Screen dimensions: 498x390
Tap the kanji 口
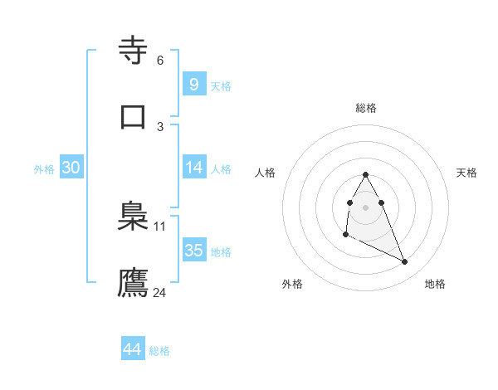[134, 115]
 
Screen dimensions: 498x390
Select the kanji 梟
[134, 218]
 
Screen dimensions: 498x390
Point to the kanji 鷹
[134, 282]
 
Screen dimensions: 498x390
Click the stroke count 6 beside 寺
[160, 61]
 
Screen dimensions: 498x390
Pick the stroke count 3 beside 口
[160, 126]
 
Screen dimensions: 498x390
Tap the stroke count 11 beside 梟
[160, 227]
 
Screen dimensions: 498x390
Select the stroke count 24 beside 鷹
[160, 292]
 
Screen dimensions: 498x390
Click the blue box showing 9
[193, 84]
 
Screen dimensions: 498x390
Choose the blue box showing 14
[193, 168]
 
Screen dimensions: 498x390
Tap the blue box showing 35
[193, 251]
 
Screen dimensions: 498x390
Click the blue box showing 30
[71, 168]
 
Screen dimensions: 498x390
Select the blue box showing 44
[132, 349]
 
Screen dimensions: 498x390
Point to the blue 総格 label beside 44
[159, 351]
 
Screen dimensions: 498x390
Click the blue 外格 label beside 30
[44, 169]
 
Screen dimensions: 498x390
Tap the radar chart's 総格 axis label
[366, 108]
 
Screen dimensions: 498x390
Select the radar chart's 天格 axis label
[467, 173]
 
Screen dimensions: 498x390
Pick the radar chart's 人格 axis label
[266, 173]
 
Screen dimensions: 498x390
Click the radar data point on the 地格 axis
[405, 262]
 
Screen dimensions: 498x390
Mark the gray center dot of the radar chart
[366, 206]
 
